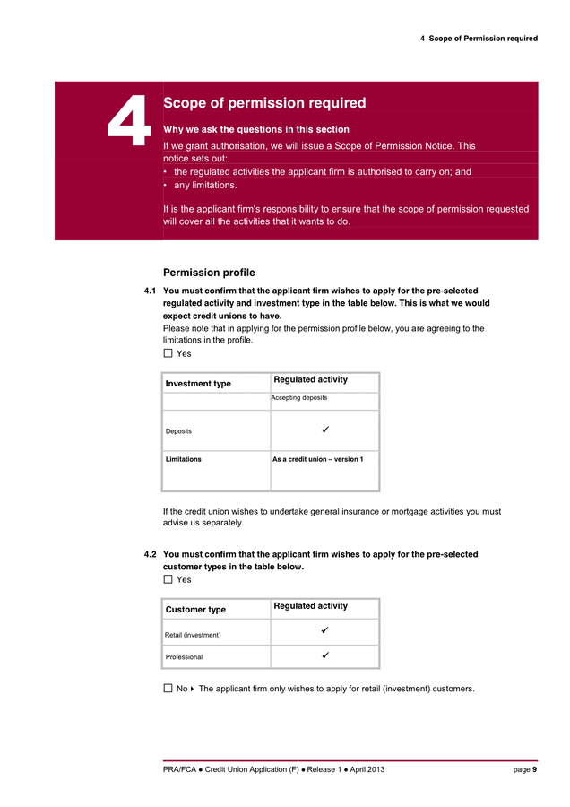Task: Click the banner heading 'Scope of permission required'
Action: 264,103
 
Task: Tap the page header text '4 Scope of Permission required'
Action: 479,39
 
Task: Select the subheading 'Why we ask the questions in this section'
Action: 256,129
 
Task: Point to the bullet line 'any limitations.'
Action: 205,186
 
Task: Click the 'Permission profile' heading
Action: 209,273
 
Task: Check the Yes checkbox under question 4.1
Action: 168,354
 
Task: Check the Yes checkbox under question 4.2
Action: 168,580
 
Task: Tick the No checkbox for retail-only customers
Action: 168,690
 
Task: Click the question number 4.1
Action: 151,291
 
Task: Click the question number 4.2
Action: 151,555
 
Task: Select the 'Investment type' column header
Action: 198,384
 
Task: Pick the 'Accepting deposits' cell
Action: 299,398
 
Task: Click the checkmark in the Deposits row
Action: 324,430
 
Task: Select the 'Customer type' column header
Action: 195,610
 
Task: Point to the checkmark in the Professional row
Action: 324,656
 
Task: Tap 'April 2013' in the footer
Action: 366,769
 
